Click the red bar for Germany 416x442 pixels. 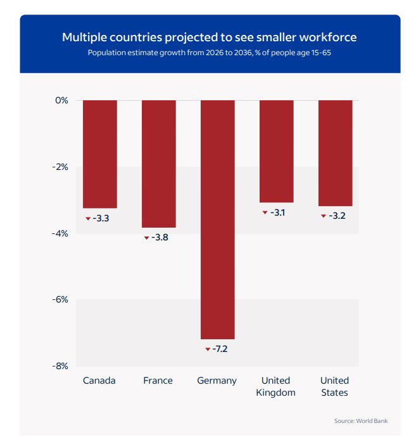point(217,219)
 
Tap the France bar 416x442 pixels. point(158,163)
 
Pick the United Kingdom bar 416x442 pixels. point(276,151)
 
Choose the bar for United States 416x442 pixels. point(335,152)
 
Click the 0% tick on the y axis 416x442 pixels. point(61,100)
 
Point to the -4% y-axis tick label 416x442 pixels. point(60,233)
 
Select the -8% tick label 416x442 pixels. point(60,366)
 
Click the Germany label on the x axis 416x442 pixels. point(217,380)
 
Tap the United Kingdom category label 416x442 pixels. point(275,386)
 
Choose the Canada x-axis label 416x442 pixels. point(99,380)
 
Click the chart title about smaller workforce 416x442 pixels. point(209,37)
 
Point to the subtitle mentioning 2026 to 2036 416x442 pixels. point(209,53)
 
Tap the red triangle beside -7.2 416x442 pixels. point(207,349)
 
